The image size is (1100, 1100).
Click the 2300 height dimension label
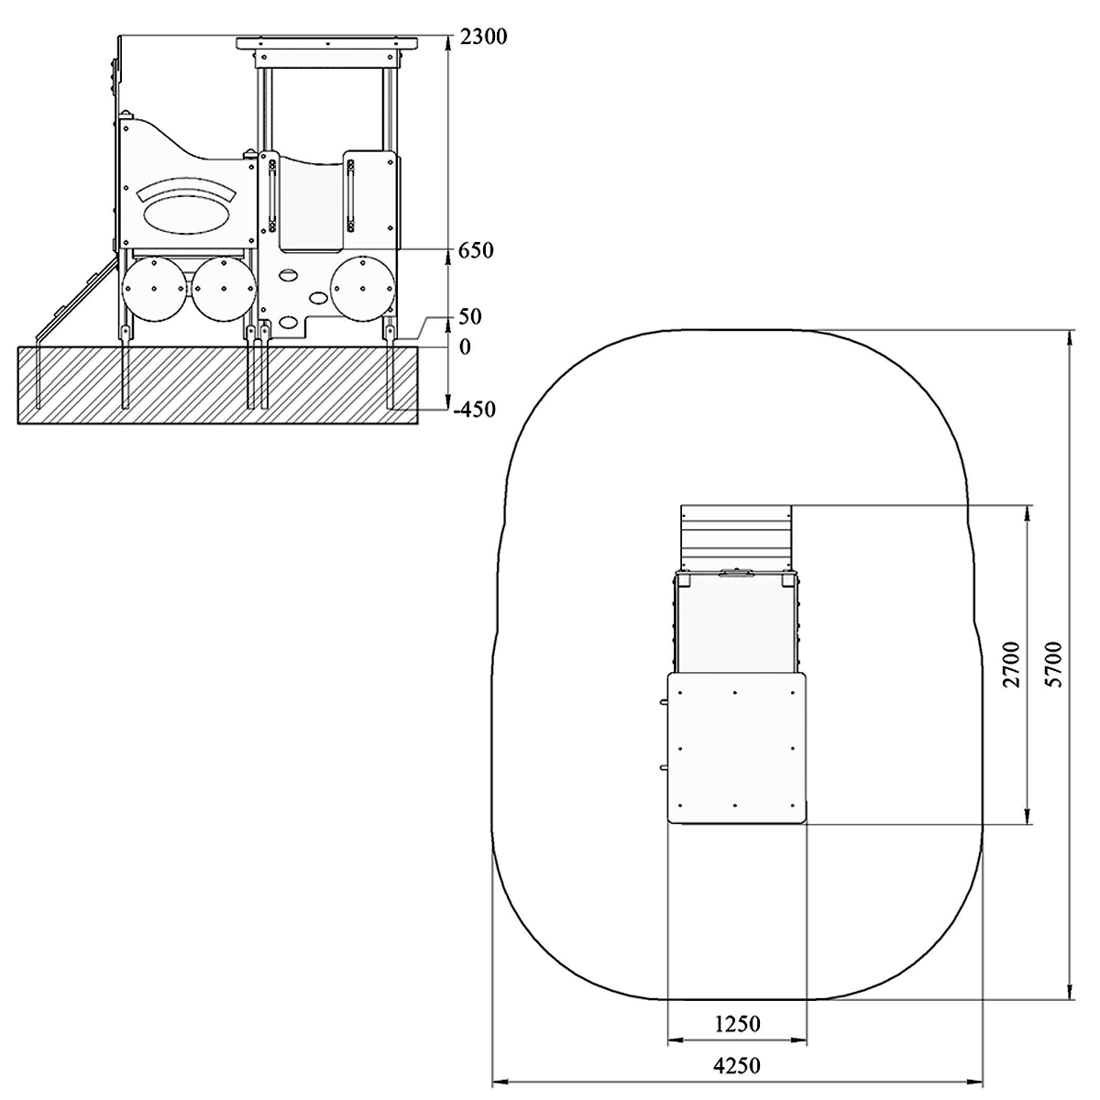coord(483,37)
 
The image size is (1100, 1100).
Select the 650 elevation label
coord(476,250)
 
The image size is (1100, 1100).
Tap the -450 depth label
coord(474,409)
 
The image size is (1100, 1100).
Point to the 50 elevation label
coord(470,317)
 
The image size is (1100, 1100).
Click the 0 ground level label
coord(465,347)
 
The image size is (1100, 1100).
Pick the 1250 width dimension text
coord(738,1024)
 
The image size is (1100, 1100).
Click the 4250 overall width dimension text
coord(737,1066)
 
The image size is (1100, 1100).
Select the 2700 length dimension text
coord(1012,664)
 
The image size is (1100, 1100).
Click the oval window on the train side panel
coord(187,214)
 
